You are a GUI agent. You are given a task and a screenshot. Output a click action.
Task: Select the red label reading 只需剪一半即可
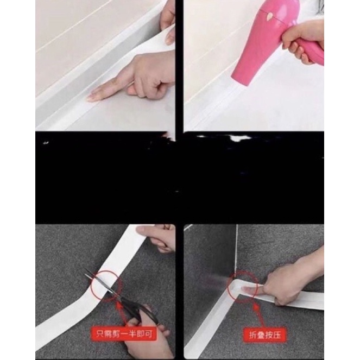tap(124, 334)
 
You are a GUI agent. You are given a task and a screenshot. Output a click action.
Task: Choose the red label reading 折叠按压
tap(265, 335)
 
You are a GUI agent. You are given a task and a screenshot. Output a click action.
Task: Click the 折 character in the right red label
tap(252, 335)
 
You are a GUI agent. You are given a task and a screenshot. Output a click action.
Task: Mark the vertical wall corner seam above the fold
tap(237, 250)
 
